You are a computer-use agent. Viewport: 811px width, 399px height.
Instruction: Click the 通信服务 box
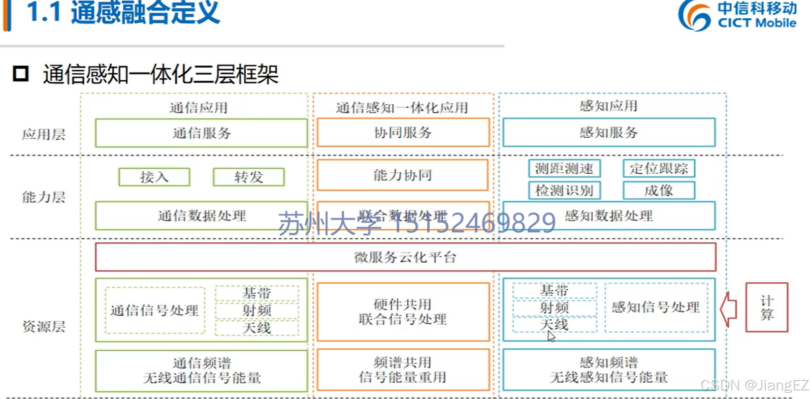pos(201,133)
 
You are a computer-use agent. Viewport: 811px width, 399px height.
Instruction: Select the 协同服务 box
pos(403,133)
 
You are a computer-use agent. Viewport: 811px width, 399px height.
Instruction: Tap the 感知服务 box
pos(608,132)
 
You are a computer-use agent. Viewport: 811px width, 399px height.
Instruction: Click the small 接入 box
pos(154,177)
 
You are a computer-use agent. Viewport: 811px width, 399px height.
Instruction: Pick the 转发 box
pos(248,177)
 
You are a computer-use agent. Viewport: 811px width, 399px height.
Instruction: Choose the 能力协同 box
pos(403,175)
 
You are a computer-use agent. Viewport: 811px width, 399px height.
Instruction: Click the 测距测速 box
pos(564,168)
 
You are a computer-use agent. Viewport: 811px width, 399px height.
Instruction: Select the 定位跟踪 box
pos(659,168)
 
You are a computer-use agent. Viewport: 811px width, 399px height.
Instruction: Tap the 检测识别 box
pos(564,191)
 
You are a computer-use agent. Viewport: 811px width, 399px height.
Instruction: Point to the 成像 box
pos(659,191)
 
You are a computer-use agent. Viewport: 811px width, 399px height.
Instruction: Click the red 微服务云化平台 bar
pos(405,257)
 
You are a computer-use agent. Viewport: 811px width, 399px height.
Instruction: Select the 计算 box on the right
pos(766,308)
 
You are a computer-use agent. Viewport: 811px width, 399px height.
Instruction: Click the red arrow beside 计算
pos(729,309)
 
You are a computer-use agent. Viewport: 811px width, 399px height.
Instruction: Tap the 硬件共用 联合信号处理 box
pos(403,312)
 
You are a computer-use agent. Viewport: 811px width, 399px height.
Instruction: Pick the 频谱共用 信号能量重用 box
pos(403,370)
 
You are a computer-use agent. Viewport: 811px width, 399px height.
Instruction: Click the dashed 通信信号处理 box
pos(155,311)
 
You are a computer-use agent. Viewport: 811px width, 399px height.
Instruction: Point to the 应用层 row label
pos(44,134)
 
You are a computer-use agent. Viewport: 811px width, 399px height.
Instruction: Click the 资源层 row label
pos(44,326)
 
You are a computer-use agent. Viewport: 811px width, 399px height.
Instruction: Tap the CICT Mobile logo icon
pos(694,15)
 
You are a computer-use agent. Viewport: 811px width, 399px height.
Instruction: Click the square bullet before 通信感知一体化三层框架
pos(21,74)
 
